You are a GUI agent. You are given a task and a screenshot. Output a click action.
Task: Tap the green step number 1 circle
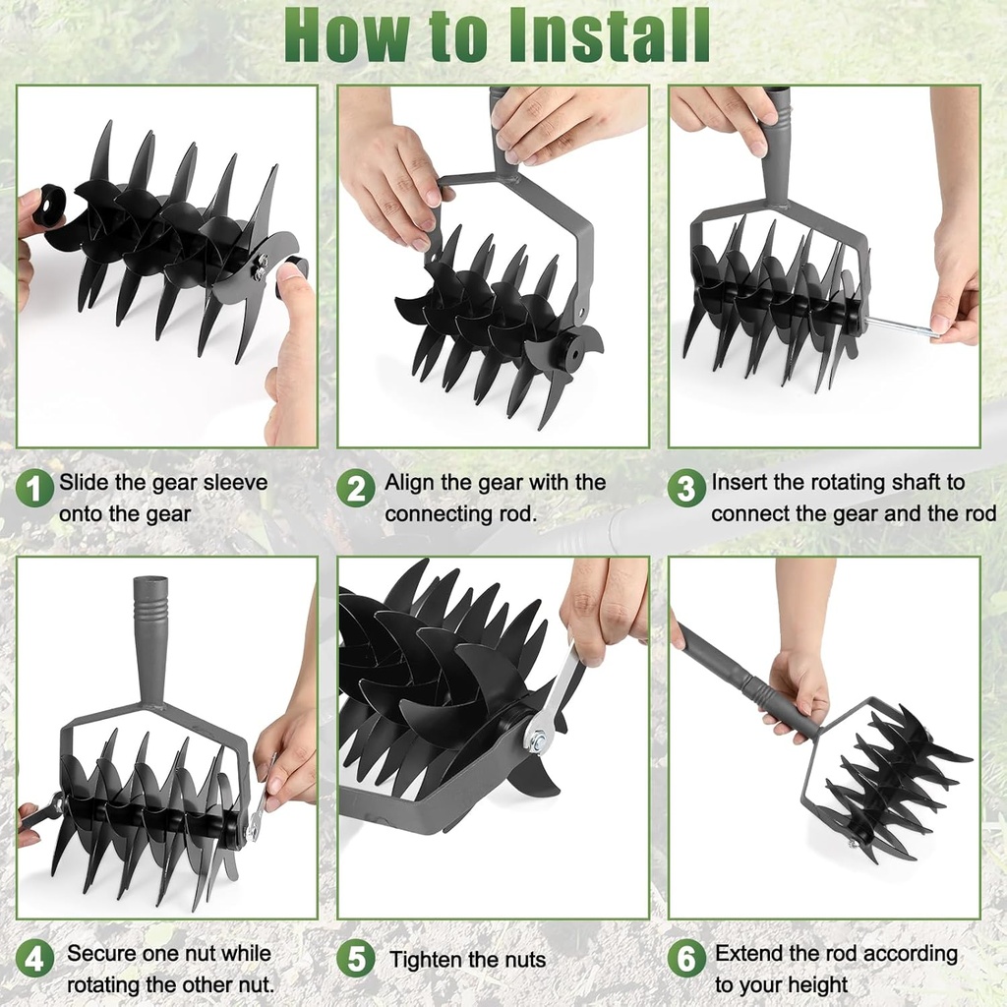(x=34, y=488)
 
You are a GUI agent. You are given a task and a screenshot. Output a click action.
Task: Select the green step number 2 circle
(x=355, y=488)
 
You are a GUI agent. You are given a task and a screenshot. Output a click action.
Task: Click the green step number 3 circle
(x=685, y=488)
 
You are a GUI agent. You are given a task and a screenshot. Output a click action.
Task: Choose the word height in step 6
(x=814, y=984)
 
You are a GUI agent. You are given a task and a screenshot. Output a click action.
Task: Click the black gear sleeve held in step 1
(x=49, y=204)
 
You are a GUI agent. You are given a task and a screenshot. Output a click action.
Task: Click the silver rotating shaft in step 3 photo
(x=900, y=326)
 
